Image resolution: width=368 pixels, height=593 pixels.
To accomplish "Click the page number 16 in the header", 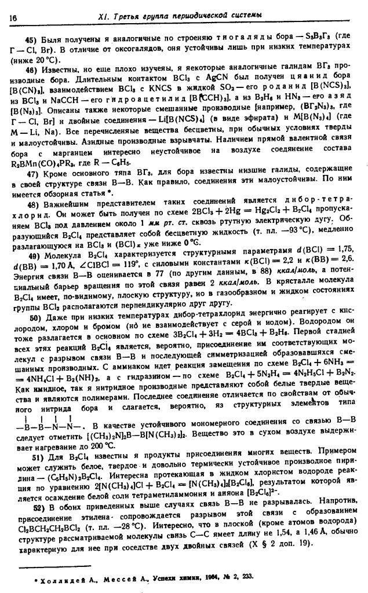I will pyautogui.click(x=12, y=18).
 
